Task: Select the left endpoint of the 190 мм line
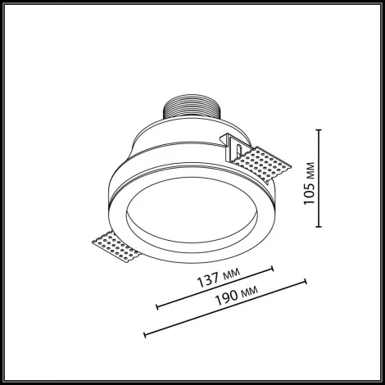coord(144,334)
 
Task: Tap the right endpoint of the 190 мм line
coord(306,281)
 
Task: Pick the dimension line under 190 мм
coord(225,308)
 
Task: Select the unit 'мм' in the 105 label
coord(309,171)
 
